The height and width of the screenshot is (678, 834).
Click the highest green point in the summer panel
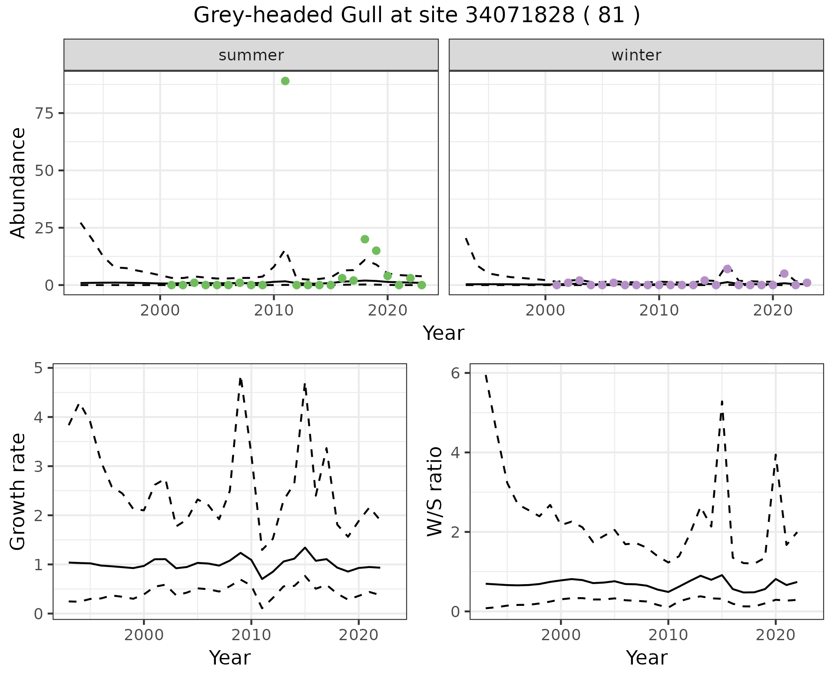285,81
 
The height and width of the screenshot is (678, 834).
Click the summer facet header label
251,55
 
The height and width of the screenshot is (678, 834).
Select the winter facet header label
636,55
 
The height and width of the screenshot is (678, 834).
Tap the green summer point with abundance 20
365,239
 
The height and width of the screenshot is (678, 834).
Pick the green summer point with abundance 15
376,250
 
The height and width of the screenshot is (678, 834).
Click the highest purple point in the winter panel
728,269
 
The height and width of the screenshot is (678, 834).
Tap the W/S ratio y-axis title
435,492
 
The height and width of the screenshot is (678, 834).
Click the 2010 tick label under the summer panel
274,311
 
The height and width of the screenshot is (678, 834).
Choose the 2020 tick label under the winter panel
773,311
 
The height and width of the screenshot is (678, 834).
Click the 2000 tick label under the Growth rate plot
144,635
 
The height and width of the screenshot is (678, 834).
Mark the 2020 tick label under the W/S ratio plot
775,635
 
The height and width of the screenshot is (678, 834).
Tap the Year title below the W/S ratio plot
646,658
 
